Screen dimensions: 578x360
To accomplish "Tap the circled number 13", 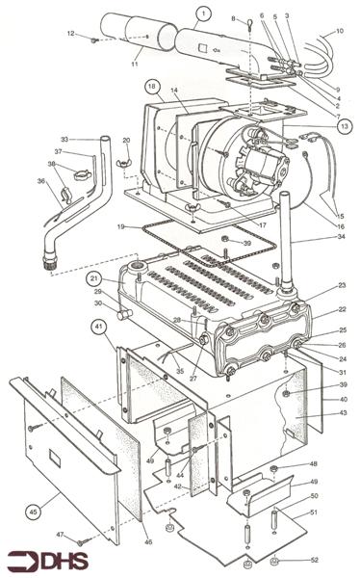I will point(345,126).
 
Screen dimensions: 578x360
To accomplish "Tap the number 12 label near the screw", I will point(70,34).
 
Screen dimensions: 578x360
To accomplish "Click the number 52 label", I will point(340,560).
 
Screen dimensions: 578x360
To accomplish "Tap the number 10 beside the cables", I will point(339,31).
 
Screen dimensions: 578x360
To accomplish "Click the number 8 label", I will point(232,18).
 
